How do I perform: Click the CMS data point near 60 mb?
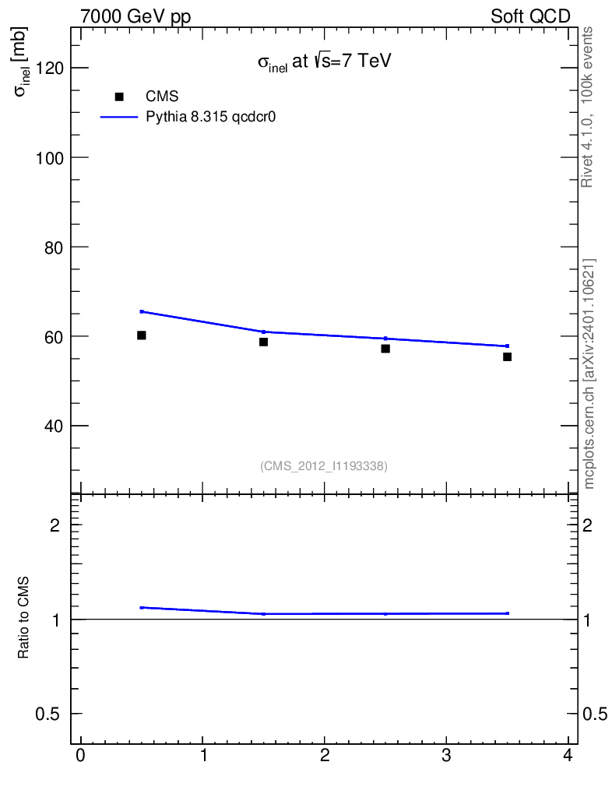coord(142,335)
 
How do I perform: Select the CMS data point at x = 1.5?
coord(264,342)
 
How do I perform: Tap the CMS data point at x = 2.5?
coord(385,349)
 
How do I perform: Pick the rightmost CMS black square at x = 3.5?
coord(508,356)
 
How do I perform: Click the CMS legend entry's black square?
coord(119,97)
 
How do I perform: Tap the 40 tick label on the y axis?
coord(53,427)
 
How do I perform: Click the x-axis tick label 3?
coord(446,757)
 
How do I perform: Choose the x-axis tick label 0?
coord(80,757)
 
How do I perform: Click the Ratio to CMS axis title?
coord(23,620)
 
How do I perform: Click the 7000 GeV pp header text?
coord(135,16)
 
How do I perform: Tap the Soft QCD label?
coord(530,16)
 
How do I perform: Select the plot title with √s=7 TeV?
coord(324,63)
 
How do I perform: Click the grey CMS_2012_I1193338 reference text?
coord(324,465)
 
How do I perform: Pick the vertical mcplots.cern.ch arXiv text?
coord(589,374)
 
